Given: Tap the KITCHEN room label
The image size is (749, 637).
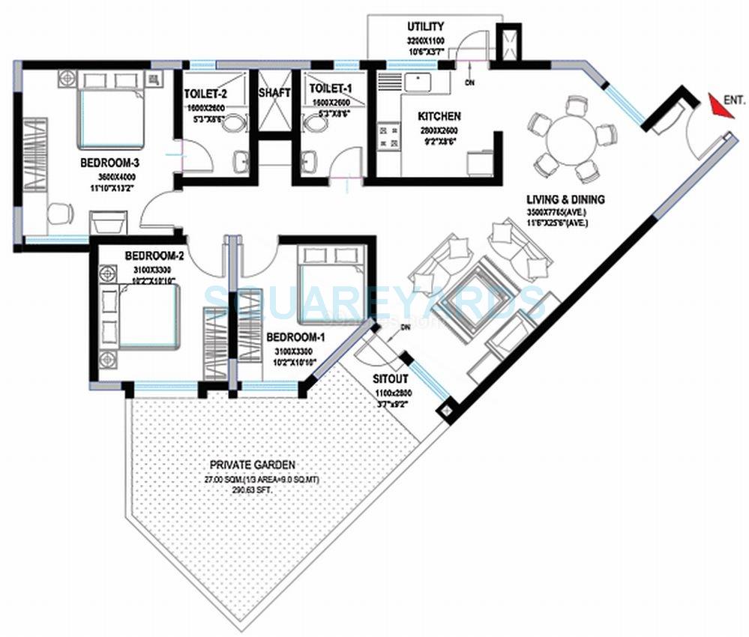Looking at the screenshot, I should tap(439, 116).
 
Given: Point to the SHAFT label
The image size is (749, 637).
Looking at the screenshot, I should tap(274, 94).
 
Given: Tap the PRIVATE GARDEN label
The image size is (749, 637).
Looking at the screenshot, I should tap(252, 465).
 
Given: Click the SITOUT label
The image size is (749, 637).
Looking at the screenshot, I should tap(390, 378).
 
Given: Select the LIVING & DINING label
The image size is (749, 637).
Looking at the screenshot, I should tap(565, 199).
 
